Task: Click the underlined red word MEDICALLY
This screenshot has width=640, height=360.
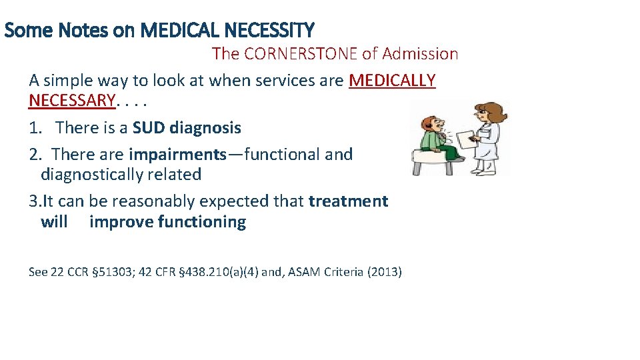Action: point(392,81)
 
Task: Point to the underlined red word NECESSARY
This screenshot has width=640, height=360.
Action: point(72,101)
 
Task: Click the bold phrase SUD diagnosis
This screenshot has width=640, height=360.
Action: point(187,127)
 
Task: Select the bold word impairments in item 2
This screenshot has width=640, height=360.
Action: point(177,154)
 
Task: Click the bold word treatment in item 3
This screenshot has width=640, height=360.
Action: point(348,201)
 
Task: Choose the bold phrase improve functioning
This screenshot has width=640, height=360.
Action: point(167,222)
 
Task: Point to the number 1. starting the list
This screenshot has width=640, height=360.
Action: point(36,127)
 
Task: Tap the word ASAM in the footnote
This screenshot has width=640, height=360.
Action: point(301,272)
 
